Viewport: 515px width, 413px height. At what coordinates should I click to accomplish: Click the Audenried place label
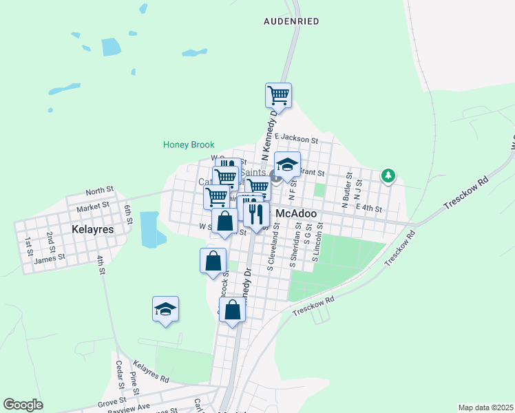291,21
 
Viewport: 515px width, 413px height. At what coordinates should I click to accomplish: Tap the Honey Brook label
189,145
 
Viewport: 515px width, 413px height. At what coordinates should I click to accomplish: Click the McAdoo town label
296,214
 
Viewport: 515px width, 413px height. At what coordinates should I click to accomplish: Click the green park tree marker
388,176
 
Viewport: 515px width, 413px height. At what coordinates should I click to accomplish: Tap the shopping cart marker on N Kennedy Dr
278,95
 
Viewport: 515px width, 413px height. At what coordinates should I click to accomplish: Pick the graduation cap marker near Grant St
287,165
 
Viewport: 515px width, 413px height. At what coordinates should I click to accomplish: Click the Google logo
23,405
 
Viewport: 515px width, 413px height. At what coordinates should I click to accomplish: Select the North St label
99,191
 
